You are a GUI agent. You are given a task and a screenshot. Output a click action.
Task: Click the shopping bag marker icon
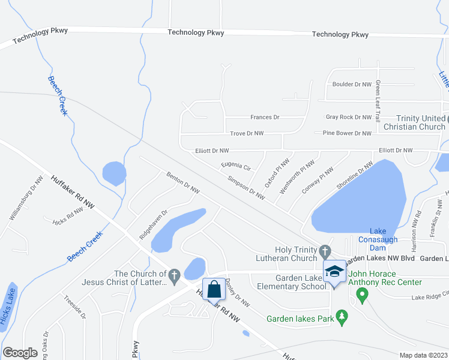(x=214, y=289)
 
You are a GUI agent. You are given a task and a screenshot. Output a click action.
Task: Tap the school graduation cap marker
(x=334, y=272)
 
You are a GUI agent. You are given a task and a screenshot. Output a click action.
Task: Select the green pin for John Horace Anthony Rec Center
(x=361, y=295)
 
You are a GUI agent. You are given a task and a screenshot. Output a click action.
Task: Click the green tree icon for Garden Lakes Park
(x=342, y=316)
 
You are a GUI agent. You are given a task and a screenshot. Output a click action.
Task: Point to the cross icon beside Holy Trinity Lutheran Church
(x=325, y=250)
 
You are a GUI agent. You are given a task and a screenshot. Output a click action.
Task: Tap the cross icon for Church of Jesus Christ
(x=174, y=275)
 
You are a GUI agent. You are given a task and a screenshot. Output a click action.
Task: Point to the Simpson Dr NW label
(x=246, y=187)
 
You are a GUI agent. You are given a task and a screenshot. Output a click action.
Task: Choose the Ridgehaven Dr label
(x=152, y=225)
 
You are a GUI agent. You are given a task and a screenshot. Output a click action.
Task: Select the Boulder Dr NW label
(x=351, y=85)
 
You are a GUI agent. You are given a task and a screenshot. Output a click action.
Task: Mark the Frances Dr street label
(x=265, y=117)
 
